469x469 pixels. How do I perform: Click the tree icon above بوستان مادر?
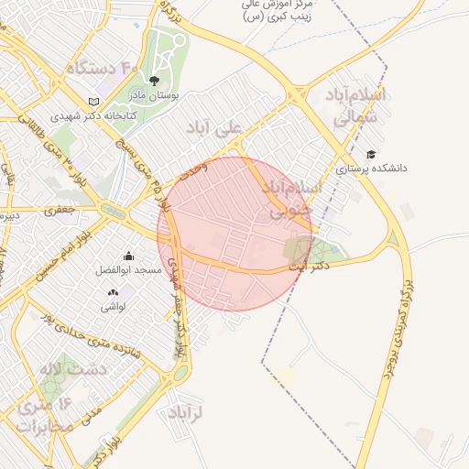(153, 82)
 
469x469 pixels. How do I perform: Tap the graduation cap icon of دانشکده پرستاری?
(371, 154)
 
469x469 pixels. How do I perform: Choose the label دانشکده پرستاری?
(371, 169)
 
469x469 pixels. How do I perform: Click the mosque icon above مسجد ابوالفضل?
(128, 256)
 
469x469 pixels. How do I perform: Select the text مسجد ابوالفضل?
(128, 271)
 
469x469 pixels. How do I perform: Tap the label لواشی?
(114, 307)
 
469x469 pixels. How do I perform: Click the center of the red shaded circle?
(235, 234)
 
